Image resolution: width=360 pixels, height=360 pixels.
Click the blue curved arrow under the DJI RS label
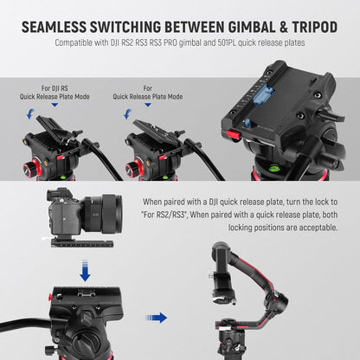[32, 112]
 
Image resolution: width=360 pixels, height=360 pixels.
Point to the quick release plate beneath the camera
[84, 230]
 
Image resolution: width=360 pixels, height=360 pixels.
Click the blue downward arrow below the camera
[84, 272]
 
